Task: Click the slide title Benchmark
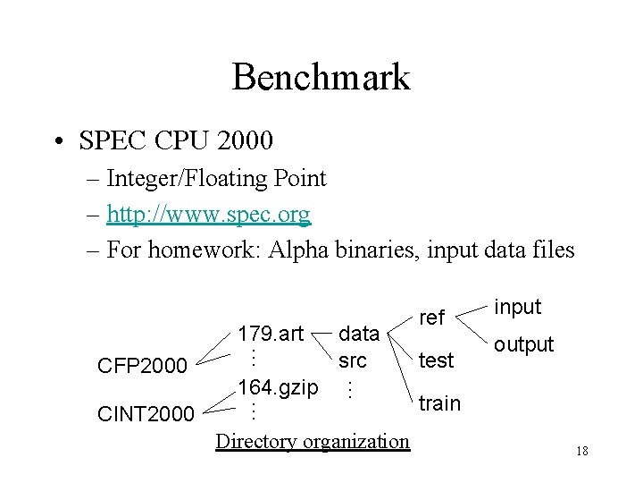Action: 321,77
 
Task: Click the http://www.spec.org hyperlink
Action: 208,215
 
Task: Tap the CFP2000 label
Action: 142,366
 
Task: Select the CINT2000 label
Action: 146,413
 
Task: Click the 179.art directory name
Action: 270,335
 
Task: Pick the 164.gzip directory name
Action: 278,387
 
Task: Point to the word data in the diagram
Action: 359,335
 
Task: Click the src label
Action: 352,361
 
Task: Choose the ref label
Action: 431,318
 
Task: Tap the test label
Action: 437,360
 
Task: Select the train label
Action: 439,403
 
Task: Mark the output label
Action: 523,344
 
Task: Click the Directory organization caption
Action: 313,441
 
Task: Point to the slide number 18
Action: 582,451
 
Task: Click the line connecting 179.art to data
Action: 322,335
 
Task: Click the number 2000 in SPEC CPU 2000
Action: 245,141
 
